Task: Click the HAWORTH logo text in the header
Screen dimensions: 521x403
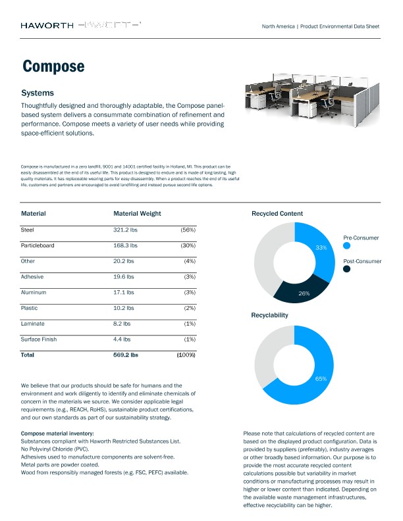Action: [46, 26]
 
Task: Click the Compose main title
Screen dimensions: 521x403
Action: [53, 66]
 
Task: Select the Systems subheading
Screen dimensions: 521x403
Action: [38, 93]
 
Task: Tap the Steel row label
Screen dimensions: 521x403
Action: [28, 230]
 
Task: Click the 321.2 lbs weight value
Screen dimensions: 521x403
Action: [125, 230]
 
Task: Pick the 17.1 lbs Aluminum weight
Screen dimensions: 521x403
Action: [124, 292]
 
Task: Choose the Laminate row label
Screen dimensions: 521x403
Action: [33, 324]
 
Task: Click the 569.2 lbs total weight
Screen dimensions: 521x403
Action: [126, 355]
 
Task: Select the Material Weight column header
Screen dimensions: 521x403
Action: [137, 214]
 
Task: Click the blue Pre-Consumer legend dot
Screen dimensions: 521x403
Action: [346, 247]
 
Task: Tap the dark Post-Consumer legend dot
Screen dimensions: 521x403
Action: [346, 269]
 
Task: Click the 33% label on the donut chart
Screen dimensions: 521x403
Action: [321, 248]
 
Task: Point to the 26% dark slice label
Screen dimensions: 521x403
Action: [304, 293]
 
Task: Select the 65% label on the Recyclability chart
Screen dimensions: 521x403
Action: [321, 379]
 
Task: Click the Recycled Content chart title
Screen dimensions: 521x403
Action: [277, 214]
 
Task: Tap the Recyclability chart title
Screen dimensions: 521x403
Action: [270, 316]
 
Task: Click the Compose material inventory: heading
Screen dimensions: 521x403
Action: [57, 434]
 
